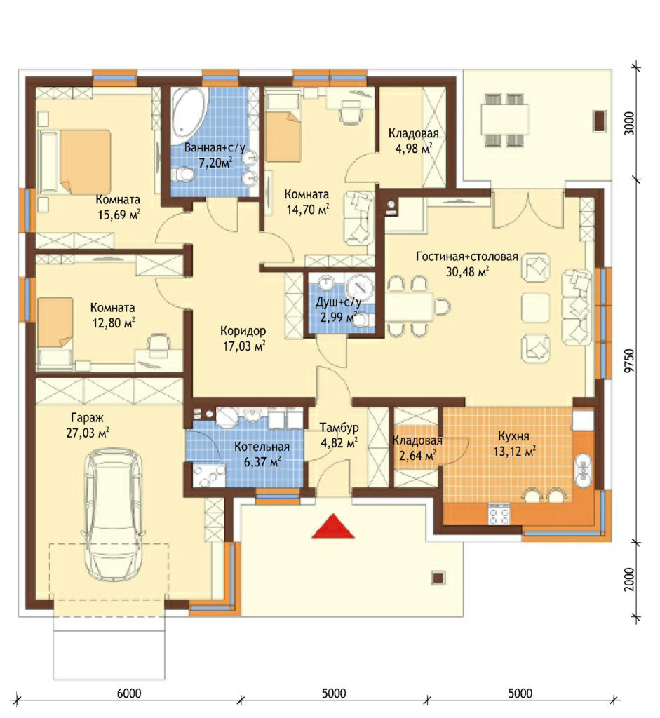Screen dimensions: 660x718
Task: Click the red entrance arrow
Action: (333, 526)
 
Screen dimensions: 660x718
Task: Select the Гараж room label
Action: (87, 418)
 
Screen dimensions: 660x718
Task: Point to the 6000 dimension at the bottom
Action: (129, 693)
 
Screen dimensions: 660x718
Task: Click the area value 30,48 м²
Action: (467, 271)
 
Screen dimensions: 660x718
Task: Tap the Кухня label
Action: (514, 435)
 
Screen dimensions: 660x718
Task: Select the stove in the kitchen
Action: (499, 514)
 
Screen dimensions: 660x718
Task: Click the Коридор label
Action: (243, 331)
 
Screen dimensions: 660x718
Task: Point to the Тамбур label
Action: (339, 428)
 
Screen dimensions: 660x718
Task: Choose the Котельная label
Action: (262, 447)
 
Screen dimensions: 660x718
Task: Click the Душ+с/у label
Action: (338, 302)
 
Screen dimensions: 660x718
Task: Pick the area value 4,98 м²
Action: (414, 149)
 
